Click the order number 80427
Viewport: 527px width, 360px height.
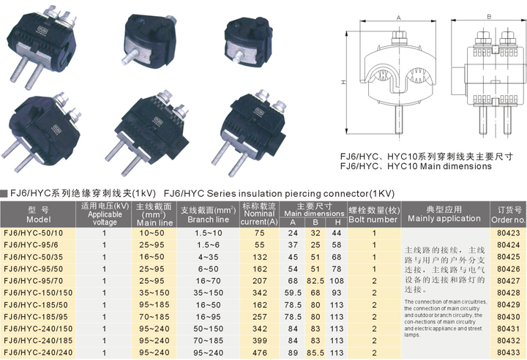[x=509, y=281]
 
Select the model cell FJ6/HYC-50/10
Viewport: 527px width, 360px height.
[x=33, y=233]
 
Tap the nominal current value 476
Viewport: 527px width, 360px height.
[x=259, y=353]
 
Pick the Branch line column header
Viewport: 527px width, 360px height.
[x=209, y=215]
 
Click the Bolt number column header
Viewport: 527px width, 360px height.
[x=374, y=215]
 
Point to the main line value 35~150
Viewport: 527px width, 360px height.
[x=154, y=293]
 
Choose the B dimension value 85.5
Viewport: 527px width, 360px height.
[x=315, y=353]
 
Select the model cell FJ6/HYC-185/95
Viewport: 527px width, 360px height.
[x=36, y=317]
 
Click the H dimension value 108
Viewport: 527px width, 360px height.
[x=337, y=281]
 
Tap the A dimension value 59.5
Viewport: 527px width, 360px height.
[x=293, y=293]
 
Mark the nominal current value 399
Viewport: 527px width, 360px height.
[x=259, y=341]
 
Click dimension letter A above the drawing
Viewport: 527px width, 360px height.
[x=399, y=18]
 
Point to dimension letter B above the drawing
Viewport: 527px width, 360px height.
[x=489, y=17]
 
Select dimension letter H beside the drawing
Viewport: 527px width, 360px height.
[x=343, y=82]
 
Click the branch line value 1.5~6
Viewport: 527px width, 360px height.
[x=209, y=245]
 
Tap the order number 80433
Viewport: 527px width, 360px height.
[x=509, y=353]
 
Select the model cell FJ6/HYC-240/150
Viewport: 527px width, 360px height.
[x=38, y=329]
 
